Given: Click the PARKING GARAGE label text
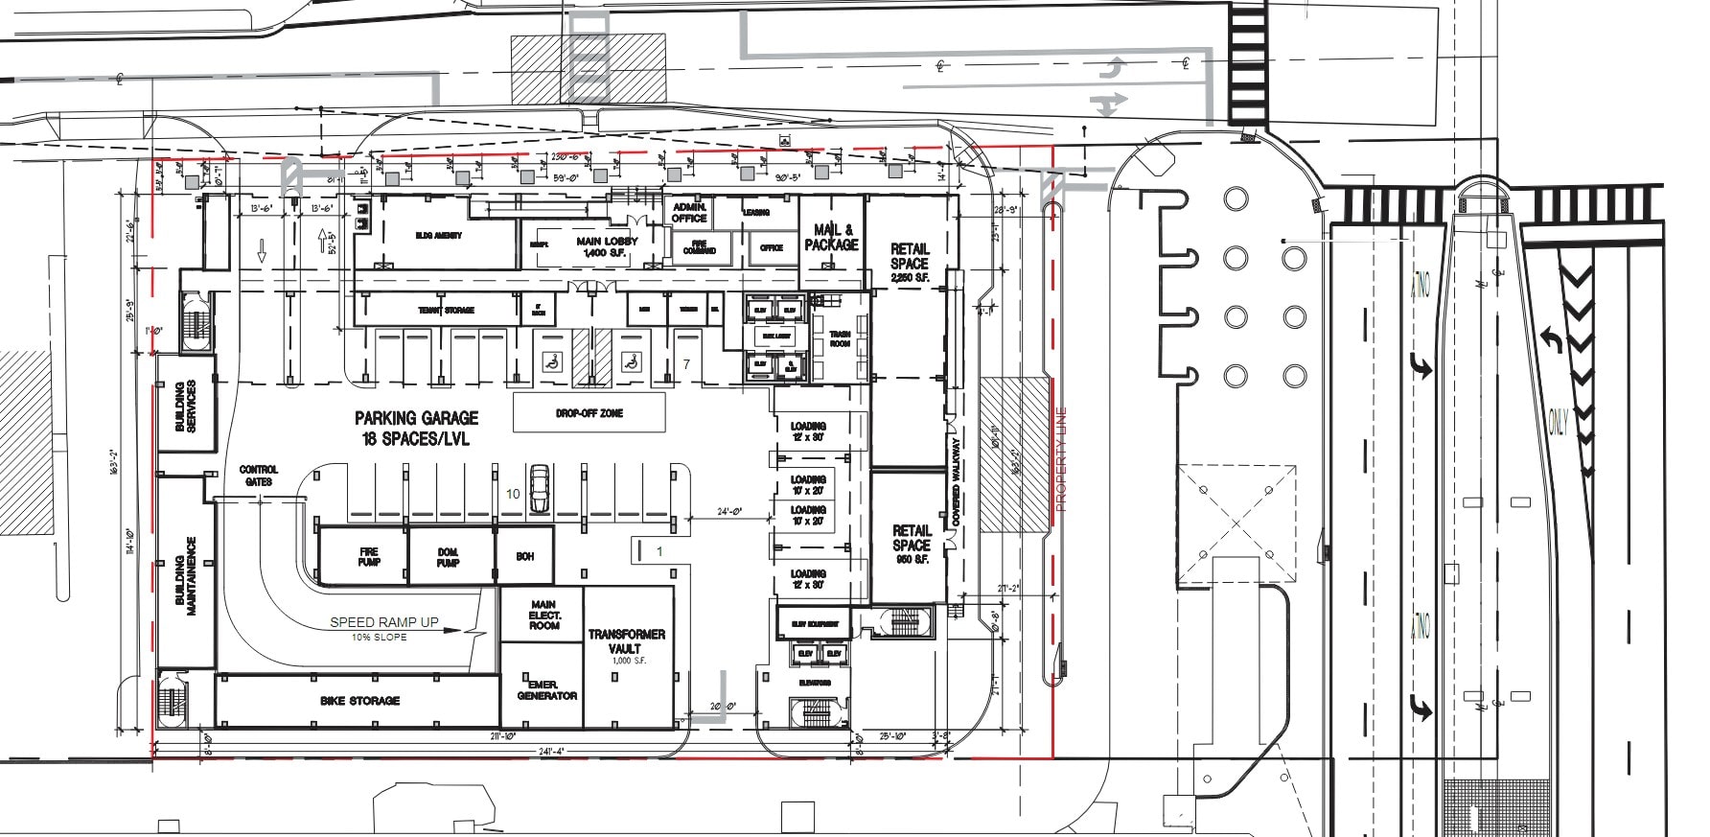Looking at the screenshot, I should tap(416, 418).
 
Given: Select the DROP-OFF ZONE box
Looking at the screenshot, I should tap(589, 413).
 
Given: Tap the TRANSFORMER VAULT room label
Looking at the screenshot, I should tap(627, 642).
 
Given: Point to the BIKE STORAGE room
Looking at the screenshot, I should tap(359, 701).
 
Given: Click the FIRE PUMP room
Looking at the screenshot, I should tap(368, 556).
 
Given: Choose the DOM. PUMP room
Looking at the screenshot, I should tap(448, 556).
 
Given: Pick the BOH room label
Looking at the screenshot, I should tap(524, 556).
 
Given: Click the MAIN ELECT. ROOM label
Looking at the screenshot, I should tap(543, 615).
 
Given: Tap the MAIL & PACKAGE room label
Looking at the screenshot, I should tap(831, 237).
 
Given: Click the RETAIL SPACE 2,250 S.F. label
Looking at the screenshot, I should tap(909, 262).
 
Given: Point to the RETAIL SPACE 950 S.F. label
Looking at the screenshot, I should tap(911, 544).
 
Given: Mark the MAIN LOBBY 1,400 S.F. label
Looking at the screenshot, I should tap(607, 246).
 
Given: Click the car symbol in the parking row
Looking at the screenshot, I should tap(540, 489).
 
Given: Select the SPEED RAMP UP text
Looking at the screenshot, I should tap(383, 622).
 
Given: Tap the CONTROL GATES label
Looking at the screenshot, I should tap(258, 475).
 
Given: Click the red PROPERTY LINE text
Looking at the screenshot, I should tap(1060, 458).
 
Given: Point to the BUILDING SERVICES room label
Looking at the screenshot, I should tap(185, 406).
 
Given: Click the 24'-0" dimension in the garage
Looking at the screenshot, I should tap(728, 511).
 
